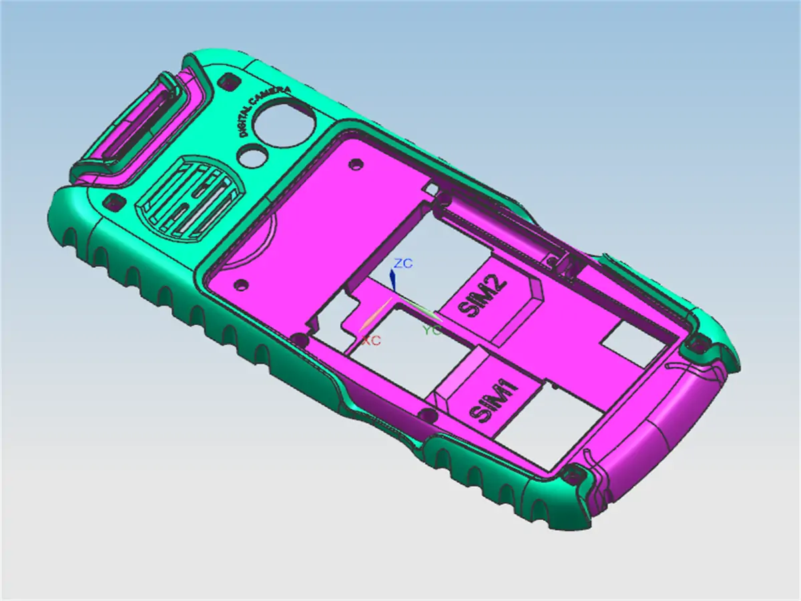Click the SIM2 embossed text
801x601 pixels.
[x=483, y=297]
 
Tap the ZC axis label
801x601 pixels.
[x=403, y=263]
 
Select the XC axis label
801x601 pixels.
[x=371, y=341]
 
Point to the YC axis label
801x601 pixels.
[x=432, y=331]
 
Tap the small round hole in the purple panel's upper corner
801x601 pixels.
[x=358, y=163]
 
